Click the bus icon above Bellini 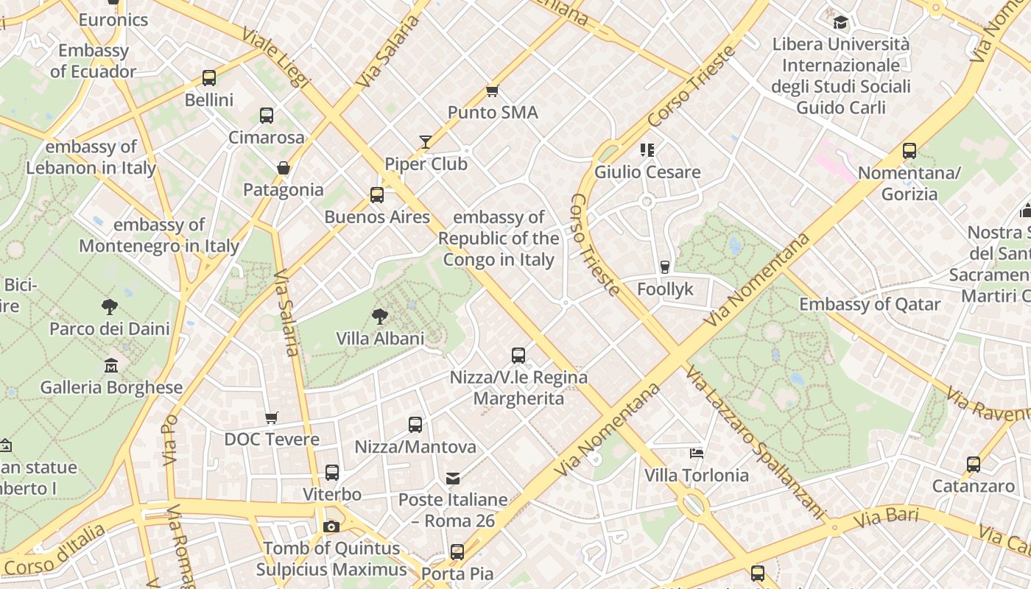pyautogui.click(x=209, y=78)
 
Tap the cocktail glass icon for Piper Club pyautogui.click(x=426, y=142)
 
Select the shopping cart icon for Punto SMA pyautogui.click(x=493, y=91)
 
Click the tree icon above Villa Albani pyautogui.click(x=380, y=317)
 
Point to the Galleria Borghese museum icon pyautogui.click(x=111, y=365)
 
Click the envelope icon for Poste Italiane pyautogui.click(x=453, y=479)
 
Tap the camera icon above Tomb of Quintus pyautogui.click(x=331, y=526)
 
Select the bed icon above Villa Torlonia pyautogui.click(x=697, y=454)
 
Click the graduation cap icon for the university pyautogui.click(x=840, y=22)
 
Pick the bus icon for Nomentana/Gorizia pyautogui.click(x=909, y=151)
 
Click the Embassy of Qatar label pyautogui.click(x=870, y=304)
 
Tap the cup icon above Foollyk pyautogui.click(x=665, y=267)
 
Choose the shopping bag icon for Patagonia pyautogui.click(x=284, y=168)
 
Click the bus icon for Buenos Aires pyautogui.click(x=377, y=195)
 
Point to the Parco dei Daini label pyautogui.click(x=110, y=328)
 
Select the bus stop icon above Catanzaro pyautogui.click(x=974, y=465)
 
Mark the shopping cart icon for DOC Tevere pyautogui.click(x=272, y=417)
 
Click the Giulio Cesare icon pyautogui.click(x=647, y=150)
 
